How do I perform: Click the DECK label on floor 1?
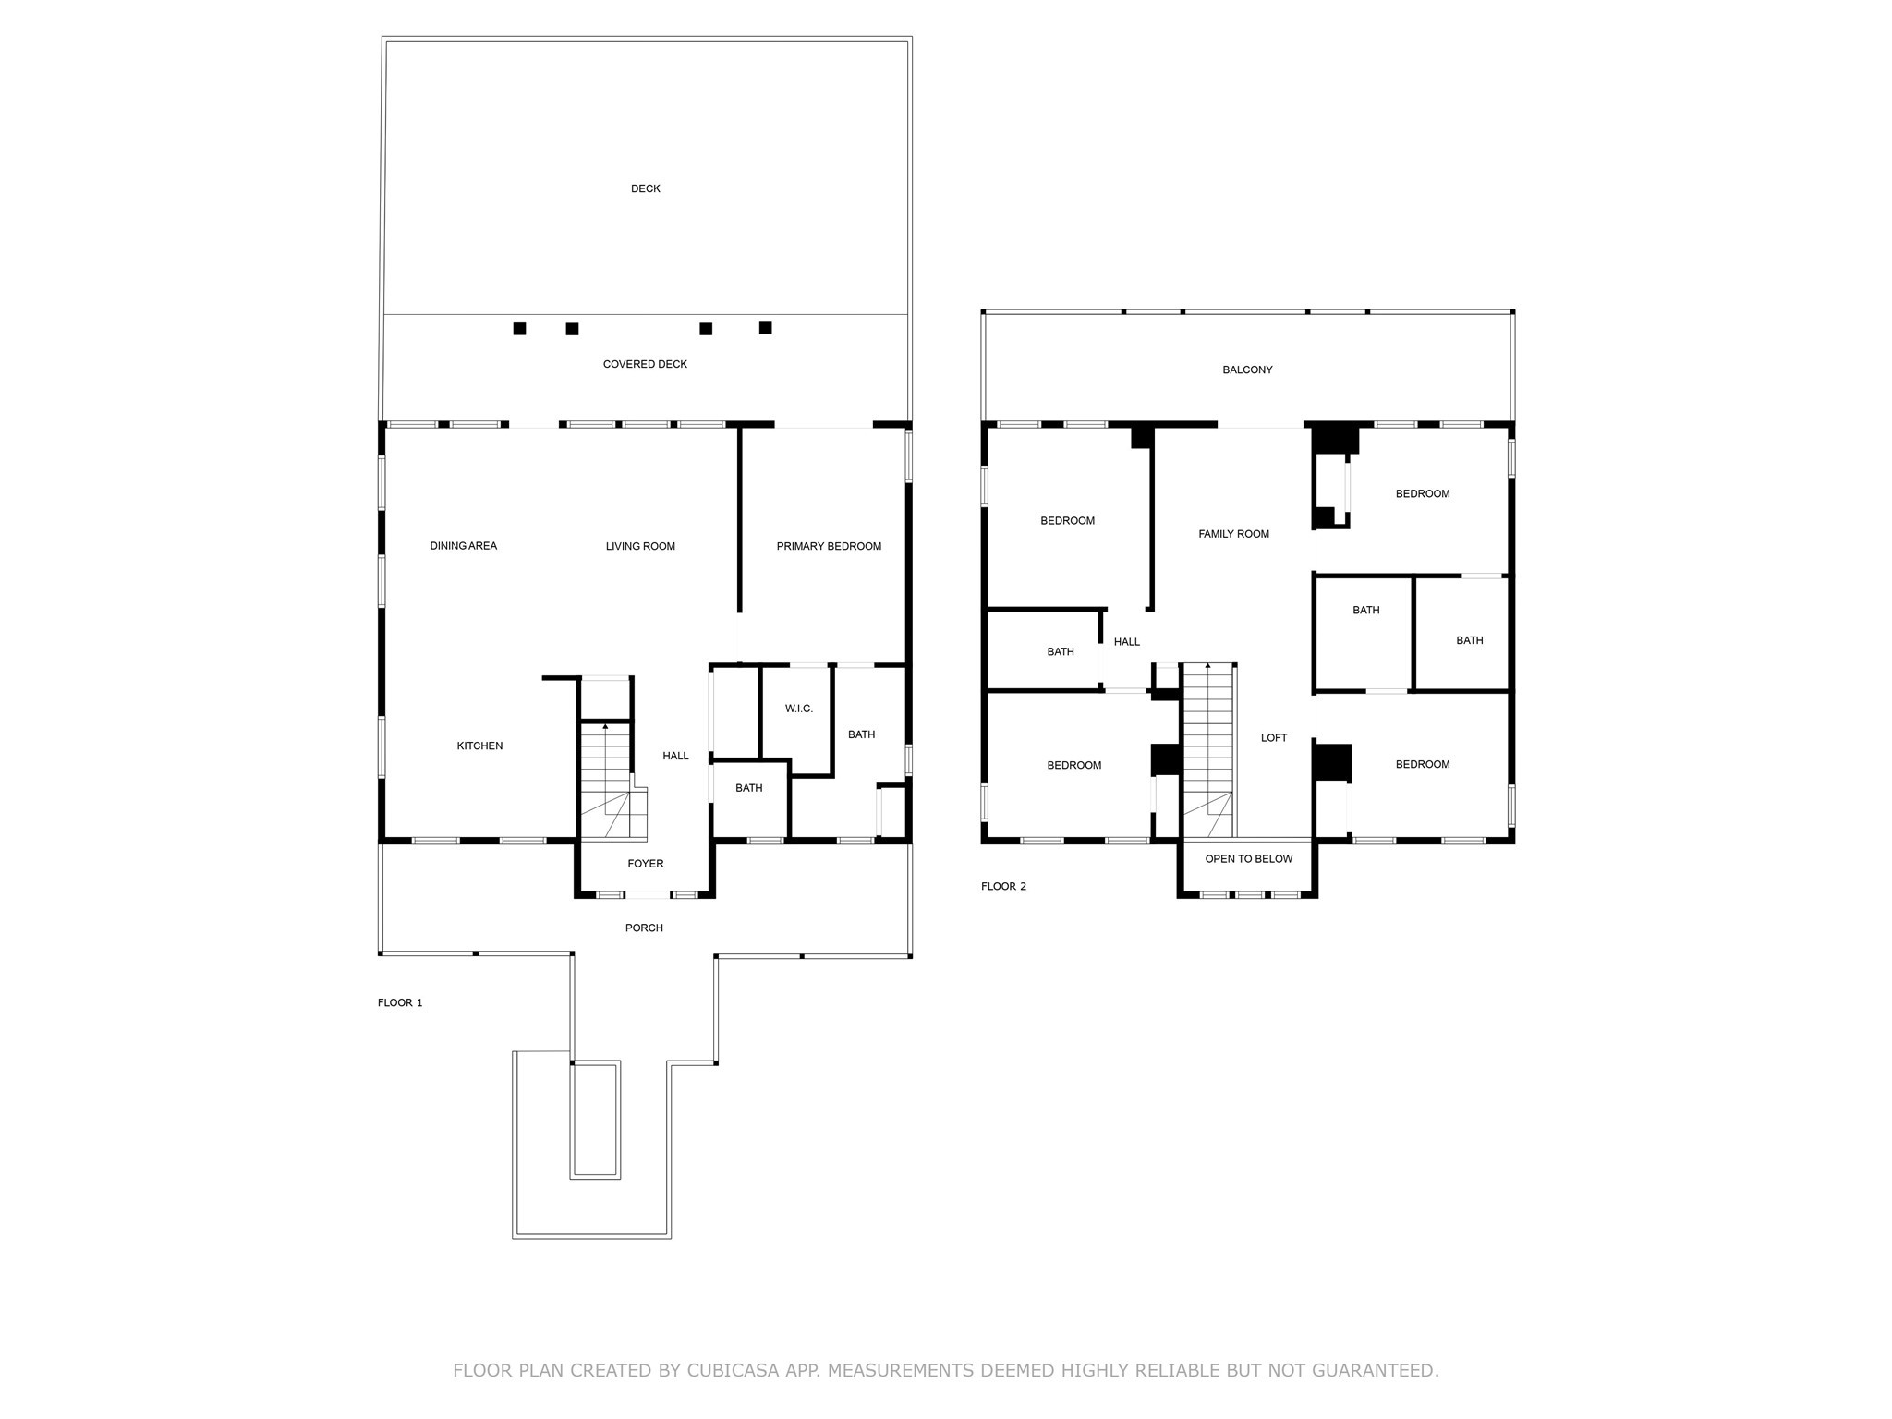tap(645, 188)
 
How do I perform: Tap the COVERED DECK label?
tap(645, 364)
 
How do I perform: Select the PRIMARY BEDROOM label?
tap(829, 546)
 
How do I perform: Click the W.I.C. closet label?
tap(798, 709)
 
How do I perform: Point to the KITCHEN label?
tap(479, 746)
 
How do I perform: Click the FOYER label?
tap(645, 864)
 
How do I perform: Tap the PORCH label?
tap(644, 928)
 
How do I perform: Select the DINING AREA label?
tap(463, 546)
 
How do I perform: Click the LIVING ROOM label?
tap(640, 546)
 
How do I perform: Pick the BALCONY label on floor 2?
tap(1247, 370)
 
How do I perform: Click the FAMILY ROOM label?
tap(1233, 534)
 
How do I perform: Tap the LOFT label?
tap(1274, 737)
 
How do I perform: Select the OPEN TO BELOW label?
tap(1248, 859)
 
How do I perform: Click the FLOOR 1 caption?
tap(400, 1002)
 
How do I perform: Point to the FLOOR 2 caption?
tap(1003, 886)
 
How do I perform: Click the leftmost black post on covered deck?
tap(519, 329)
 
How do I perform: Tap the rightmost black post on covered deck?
tap(765, 328)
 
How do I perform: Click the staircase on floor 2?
tap(1207, 748)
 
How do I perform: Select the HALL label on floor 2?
tap(1126, 641)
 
